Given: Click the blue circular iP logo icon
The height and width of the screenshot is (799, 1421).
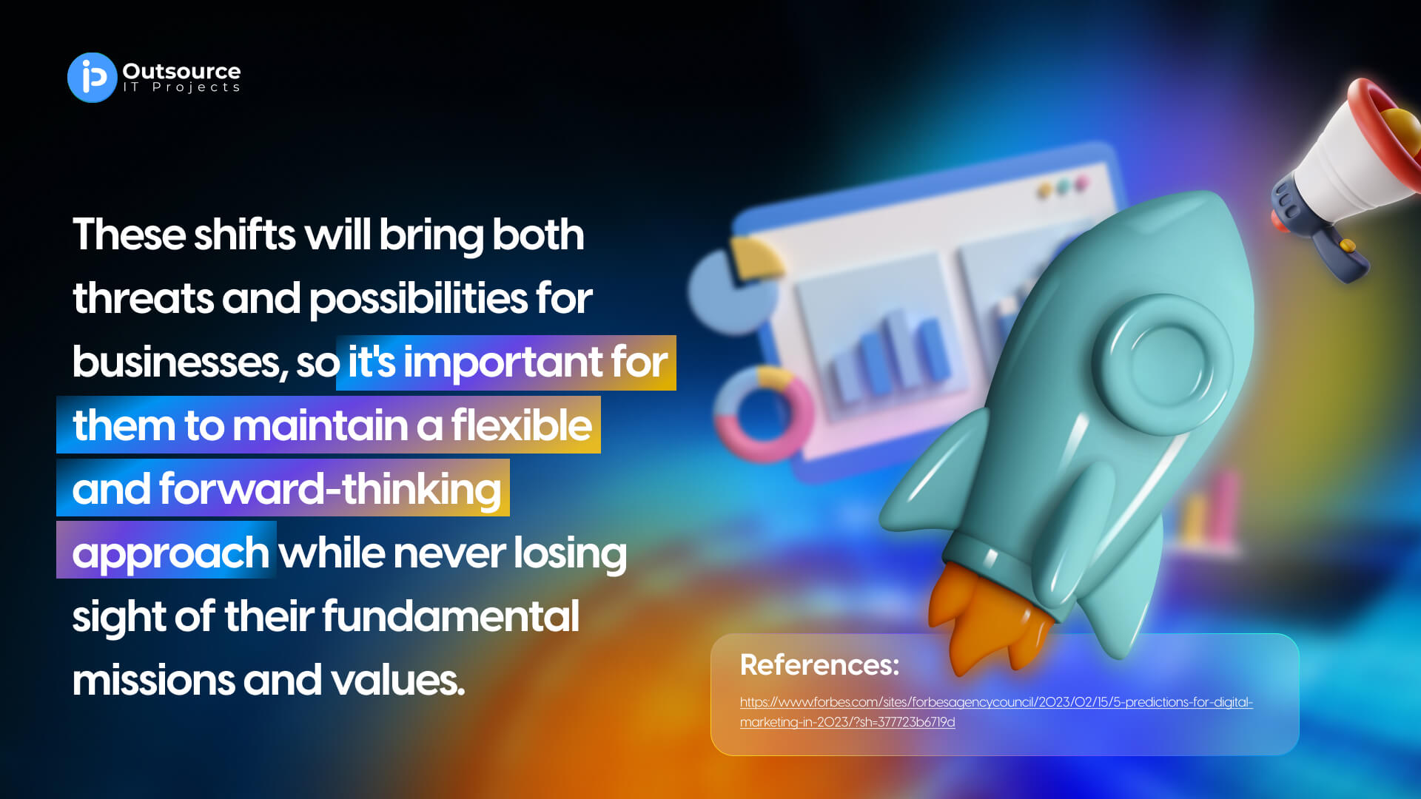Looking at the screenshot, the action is click(x=93, y=78).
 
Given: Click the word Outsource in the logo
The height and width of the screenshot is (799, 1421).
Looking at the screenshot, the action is click(x=181, y=71).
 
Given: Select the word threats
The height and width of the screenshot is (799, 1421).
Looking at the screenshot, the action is click(x=144, y=299).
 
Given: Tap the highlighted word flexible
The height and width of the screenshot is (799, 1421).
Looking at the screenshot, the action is click(x=521, y=425).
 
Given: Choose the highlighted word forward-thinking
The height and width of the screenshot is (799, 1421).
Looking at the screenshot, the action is click(x=330, y=489).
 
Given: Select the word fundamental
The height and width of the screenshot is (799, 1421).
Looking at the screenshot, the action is click(x=450, y=616).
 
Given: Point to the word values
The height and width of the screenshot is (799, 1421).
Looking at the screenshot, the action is click(x=397, y=681).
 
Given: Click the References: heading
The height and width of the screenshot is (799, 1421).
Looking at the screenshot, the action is click(x=819, y=665).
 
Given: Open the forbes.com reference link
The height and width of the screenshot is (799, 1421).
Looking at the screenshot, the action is click(x=996, y=712).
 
